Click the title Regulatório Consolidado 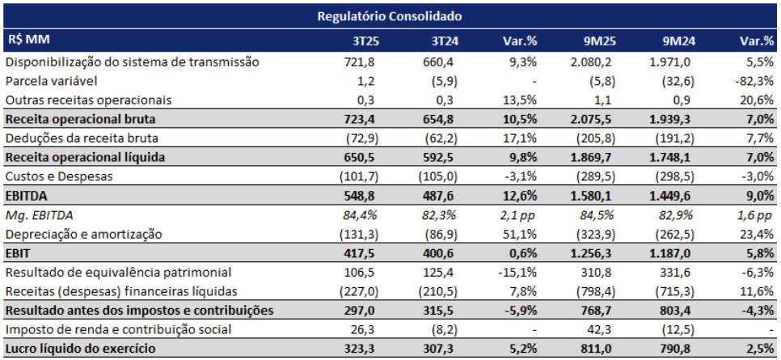(390, 15)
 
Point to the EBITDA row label (27, 196)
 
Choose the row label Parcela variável (52, 81)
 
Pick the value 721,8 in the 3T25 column (357, 61)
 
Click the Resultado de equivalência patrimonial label (118, 272)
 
